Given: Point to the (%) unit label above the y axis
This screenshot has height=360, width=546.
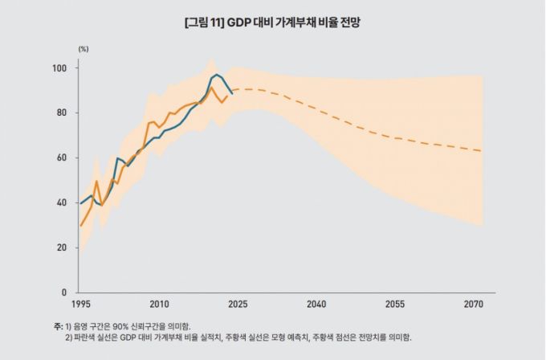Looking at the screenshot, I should click(x=84, y=49).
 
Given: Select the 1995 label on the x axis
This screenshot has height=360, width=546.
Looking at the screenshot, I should click(x=80, y=305).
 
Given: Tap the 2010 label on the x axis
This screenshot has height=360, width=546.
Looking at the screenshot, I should click(x=159, y=305).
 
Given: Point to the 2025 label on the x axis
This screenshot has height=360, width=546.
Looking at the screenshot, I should click(x=238, y=305).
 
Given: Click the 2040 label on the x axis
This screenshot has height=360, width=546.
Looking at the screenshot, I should click(x=316, y=305).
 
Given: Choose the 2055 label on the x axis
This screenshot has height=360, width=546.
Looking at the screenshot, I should click(x=395, y=305).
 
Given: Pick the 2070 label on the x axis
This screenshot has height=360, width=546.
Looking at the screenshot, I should click(x=474, y=305).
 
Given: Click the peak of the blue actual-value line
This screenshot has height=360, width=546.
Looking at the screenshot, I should click(x=217, y=75).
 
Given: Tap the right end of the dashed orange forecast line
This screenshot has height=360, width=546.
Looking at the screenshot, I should click(x=482, y=151).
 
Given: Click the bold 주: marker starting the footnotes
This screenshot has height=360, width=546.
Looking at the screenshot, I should click(x=57, y=325).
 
